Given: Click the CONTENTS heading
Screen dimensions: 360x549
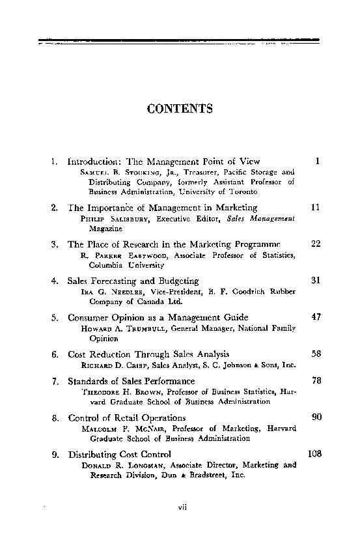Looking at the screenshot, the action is [x=180, y=108].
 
